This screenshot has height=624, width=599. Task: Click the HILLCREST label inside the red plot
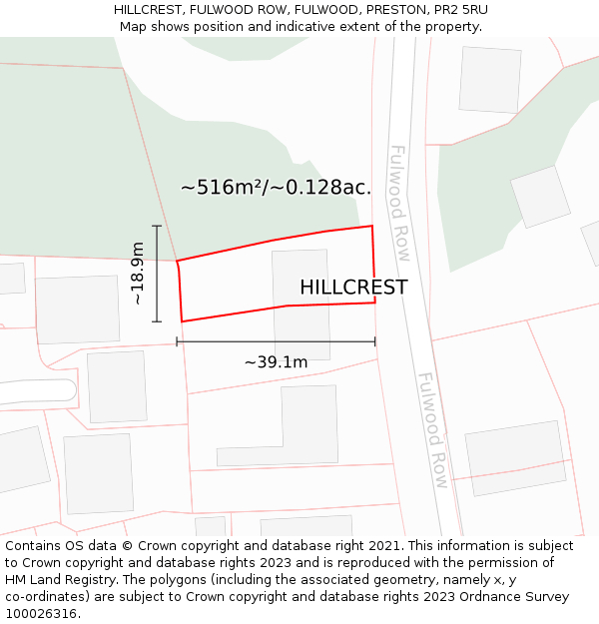[x=353, y=288]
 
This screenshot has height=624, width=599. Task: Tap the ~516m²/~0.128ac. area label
[x=276, y=187]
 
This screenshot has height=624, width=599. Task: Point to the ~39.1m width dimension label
[x=276, y=362]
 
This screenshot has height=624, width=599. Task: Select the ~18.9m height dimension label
[x=138, y=274]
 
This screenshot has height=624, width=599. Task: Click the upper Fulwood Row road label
[x=400, y=204]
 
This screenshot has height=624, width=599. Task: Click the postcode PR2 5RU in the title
[x=460, y=10]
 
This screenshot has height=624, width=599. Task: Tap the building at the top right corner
[x=489, y=79]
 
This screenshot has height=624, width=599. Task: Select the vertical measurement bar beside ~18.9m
[x=157, y=274]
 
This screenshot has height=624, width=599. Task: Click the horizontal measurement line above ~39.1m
[x=276, y=341]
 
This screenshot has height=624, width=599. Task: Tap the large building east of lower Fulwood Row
[x=516, y=457]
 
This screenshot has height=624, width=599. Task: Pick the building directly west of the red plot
[x=77, y=310]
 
